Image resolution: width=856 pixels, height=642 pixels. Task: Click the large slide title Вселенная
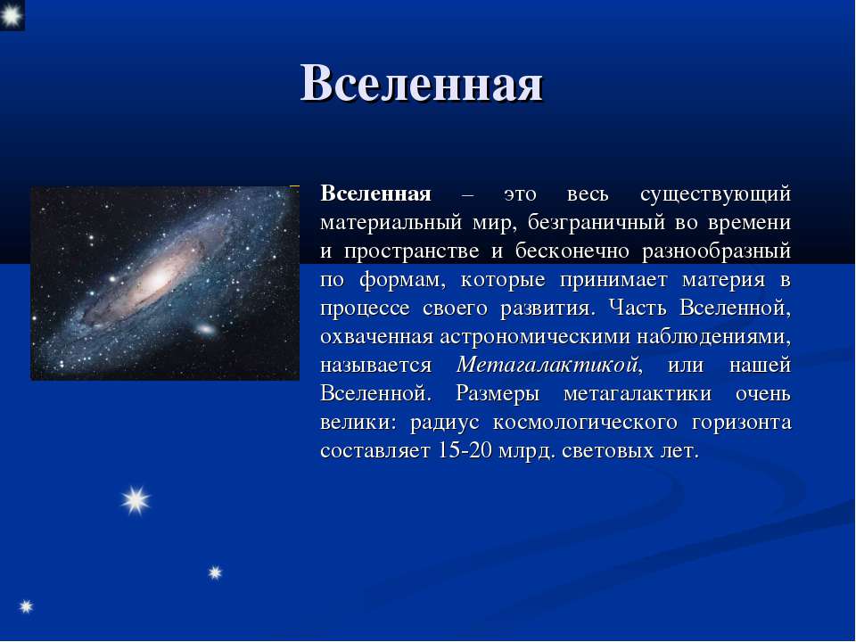pyautogui.click(x=422, y=84)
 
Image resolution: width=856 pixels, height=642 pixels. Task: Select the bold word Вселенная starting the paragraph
pyautogui.click(x=375, y=193)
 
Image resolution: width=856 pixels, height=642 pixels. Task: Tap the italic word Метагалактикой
pyautogui.click(x=547, y=365)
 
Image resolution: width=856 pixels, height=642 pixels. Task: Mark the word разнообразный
pyautogui.click(x=716, y=251)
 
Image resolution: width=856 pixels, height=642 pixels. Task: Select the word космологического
pyautogui.click(x=585, y=423)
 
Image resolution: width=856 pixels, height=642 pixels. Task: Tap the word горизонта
pyautogui.click(x=741, y=423)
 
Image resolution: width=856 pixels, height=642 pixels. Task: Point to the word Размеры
pyautogui.click(x=498, y=394)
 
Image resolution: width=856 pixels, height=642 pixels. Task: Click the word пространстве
pyautogui.click(x=412, y=251)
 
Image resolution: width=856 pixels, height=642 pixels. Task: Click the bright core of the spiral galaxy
pyautogui.click(x=157, y=280)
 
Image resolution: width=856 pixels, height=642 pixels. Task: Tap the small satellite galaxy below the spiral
pyautogui.click(x=205, y=329)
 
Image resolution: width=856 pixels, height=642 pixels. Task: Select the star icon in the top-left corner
pyautogui.click(x=11, y=15)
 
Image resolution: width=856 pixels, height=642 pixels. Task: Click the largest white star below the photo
pyautogui.click(x=136, y=500)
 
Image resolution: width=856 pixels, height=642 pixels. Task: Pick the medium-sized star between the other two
pyautogui.click(x=215, y=572)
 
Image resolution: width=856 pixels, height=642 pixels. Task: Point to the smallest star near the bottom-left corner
pyautogui.click(x=26, y=606)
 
